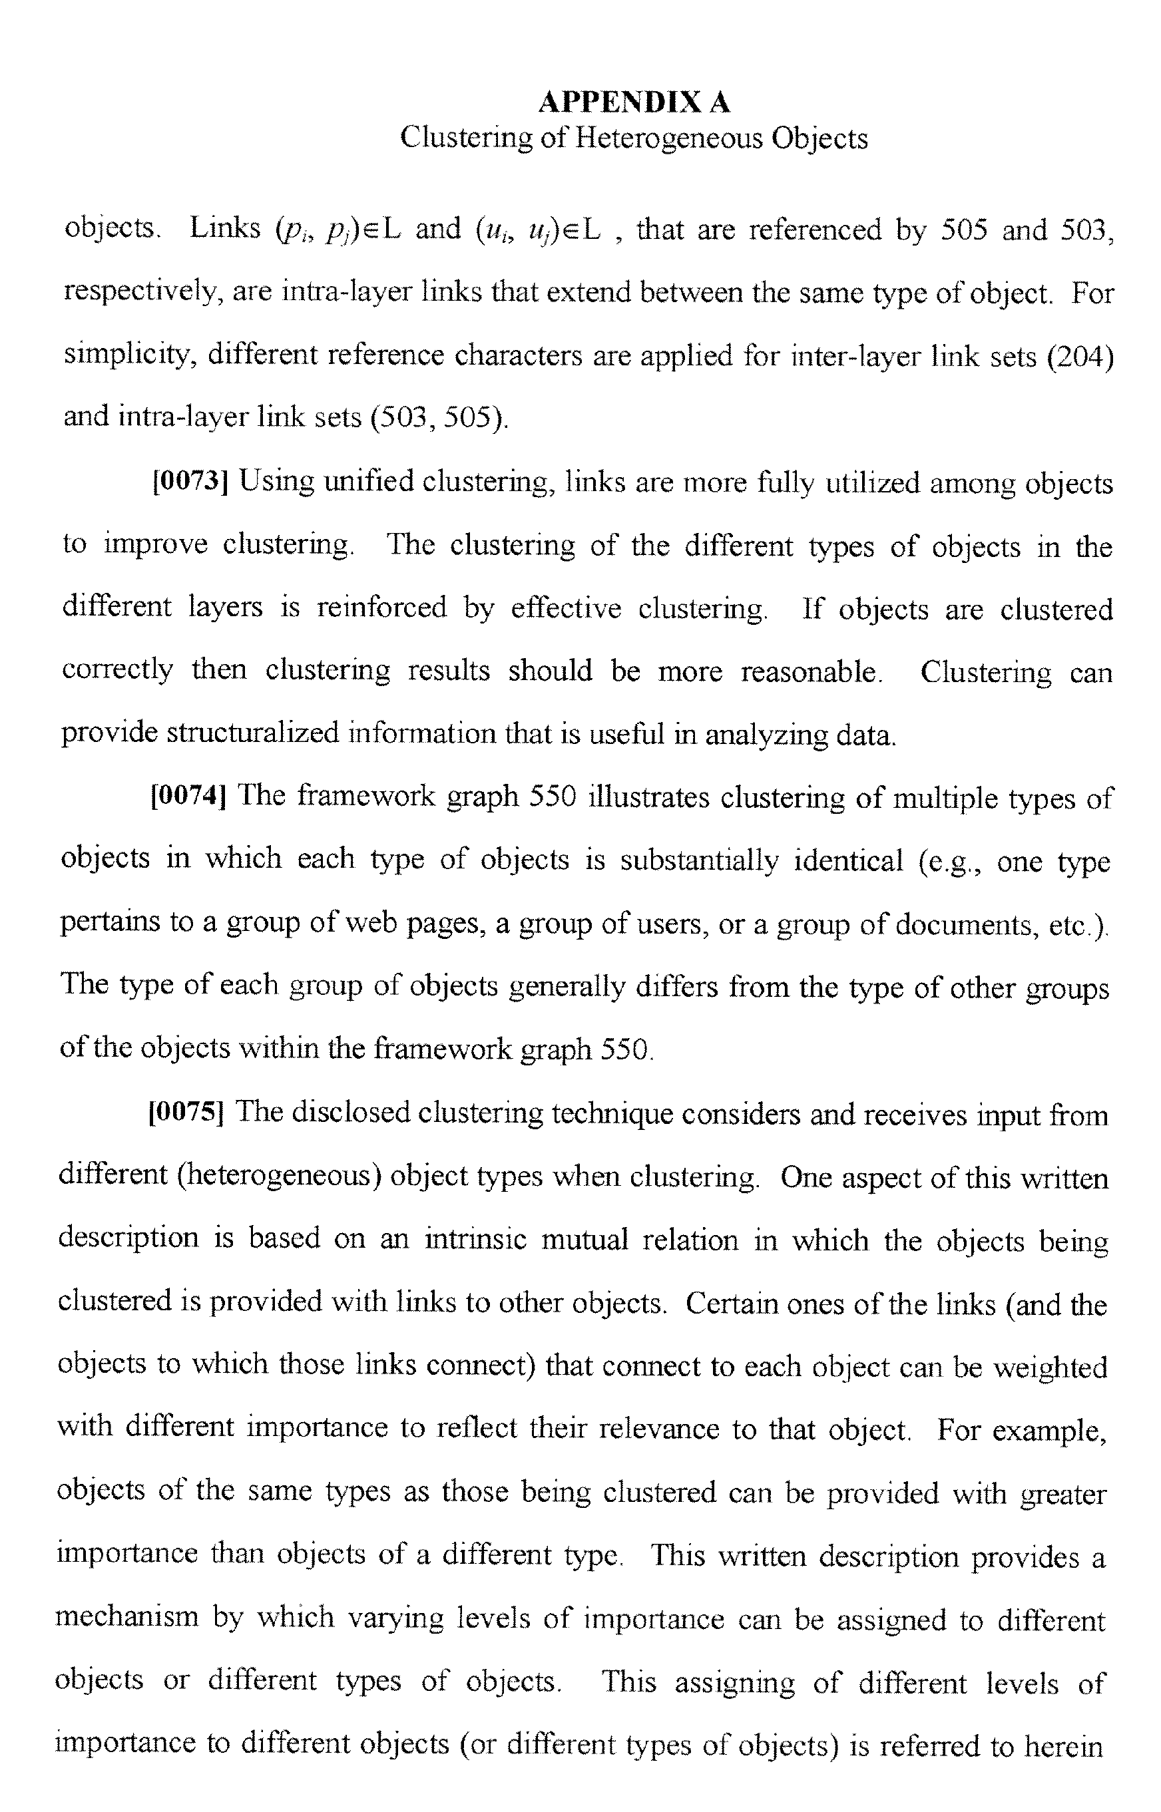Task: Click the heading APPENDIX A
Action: click(633, 102)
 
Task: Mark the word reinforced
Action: click(381, 608)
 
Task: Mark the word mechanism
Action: click(126, 1617)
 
